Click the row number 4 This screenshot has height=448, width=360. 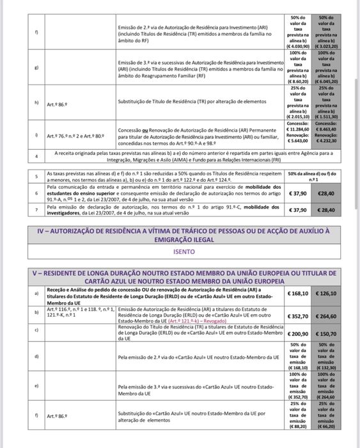37,156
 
